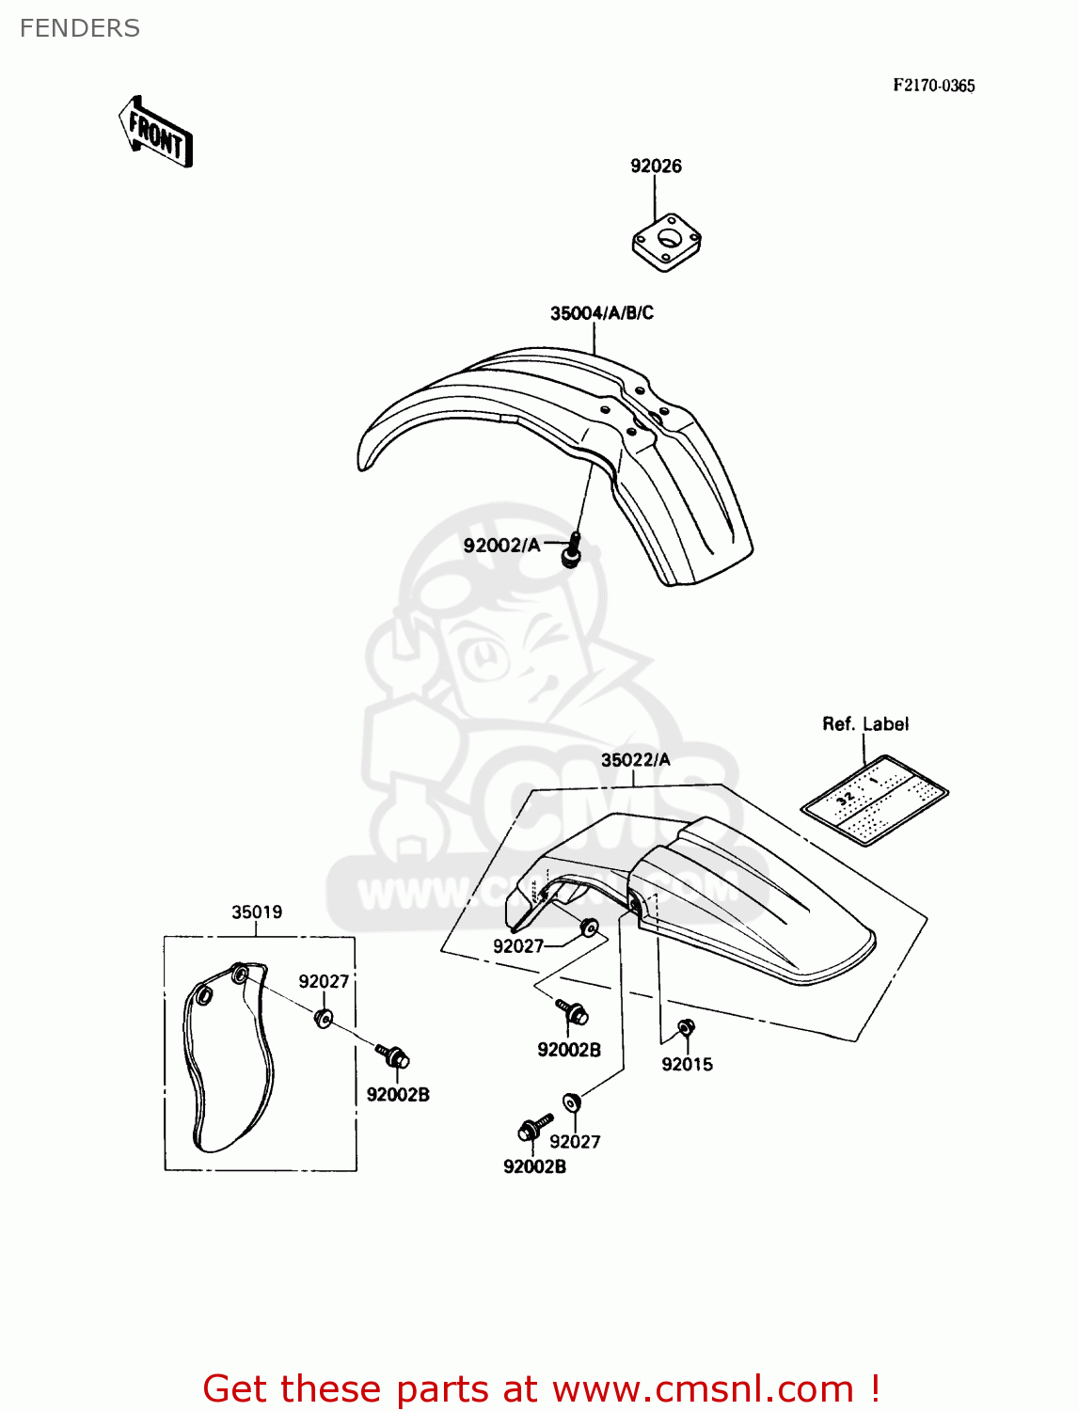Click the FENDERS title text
[x=80, y=29]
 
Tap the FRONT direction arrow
[x=156, y=133]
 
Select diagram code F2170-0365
[x=933, y=86]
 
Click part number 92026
[x=656, y=166]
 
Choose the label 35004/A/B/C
[x=601, y=313]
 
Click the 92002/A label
[x=501, y=546]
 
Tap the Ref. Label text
[x=865, y=724]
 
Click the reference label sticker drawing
[x=875, y=799]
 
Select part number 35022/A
[x=635, y=760]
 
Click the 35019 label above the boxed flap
[x=257, y=912]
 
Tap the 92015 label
[x=687, y=1065]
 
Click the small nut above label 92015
[x=686, y=1027]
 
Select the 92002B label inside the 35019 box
[x=398, y=1095]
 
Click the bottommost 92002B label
[x=534, y=1167]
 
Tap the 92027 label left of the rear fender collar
[x=518, y=946]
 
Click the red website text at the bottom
[x=541, y=1388]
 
